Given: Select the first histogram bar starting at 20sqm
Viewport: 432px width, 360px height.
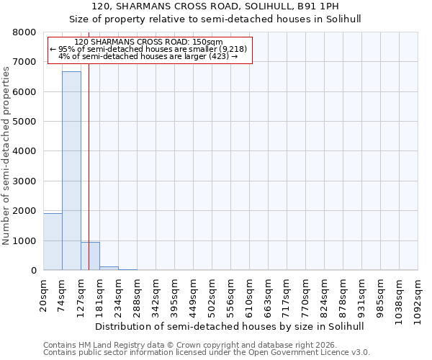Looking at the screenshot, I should pyautogui.click(x=53, y=242).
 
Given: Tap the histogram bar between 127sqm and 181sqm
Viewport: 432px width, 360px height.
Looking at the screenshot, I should pyautogui.click(x=90, y=256).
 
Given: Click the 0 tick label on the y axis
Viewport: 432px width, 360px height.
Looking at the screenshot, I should pyautogui.click(x=33, y=271).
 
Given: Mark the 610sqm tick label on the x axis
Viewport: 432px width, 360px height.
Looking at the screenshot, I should pyautogui.click(x=250, y=294).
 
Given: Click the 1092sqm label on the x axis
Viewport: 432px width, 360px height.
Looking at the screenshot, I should pyautogui.click(x=418, y=297).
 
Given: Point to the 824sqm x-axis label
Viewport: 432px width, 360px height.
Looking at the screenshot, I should pyautogui.click(x=325, y=294).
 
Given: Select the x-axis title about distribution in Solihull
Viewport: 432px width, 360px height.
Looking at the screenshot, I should pyautogui.click(x=230, y=326).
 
